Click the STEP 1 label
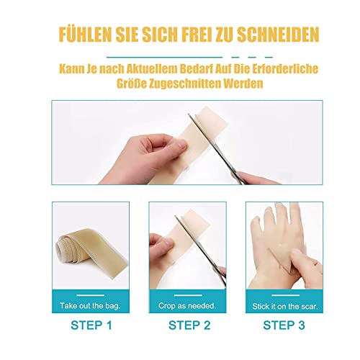(91, 325)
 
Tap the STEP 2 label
(189, 325)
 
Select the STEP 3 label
(284, 325)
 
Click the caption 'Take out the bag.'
(90, 305)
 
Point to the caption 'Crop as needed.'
(187, 305)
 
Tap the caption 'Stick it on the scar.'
(285, 306)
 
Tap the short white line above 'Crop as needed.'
(188, 295)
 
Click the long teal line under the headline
(164, 58)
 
